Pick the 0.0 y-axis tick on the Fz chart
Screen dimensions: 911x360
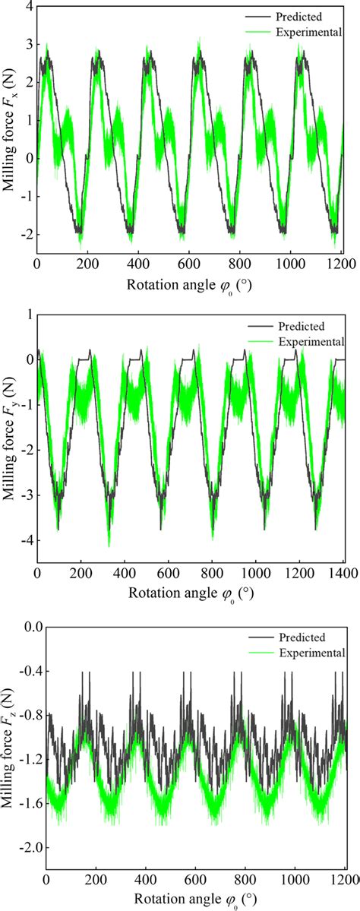point(28,628)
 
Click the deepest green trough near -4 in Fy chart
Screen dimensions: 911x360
point(109,544)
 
